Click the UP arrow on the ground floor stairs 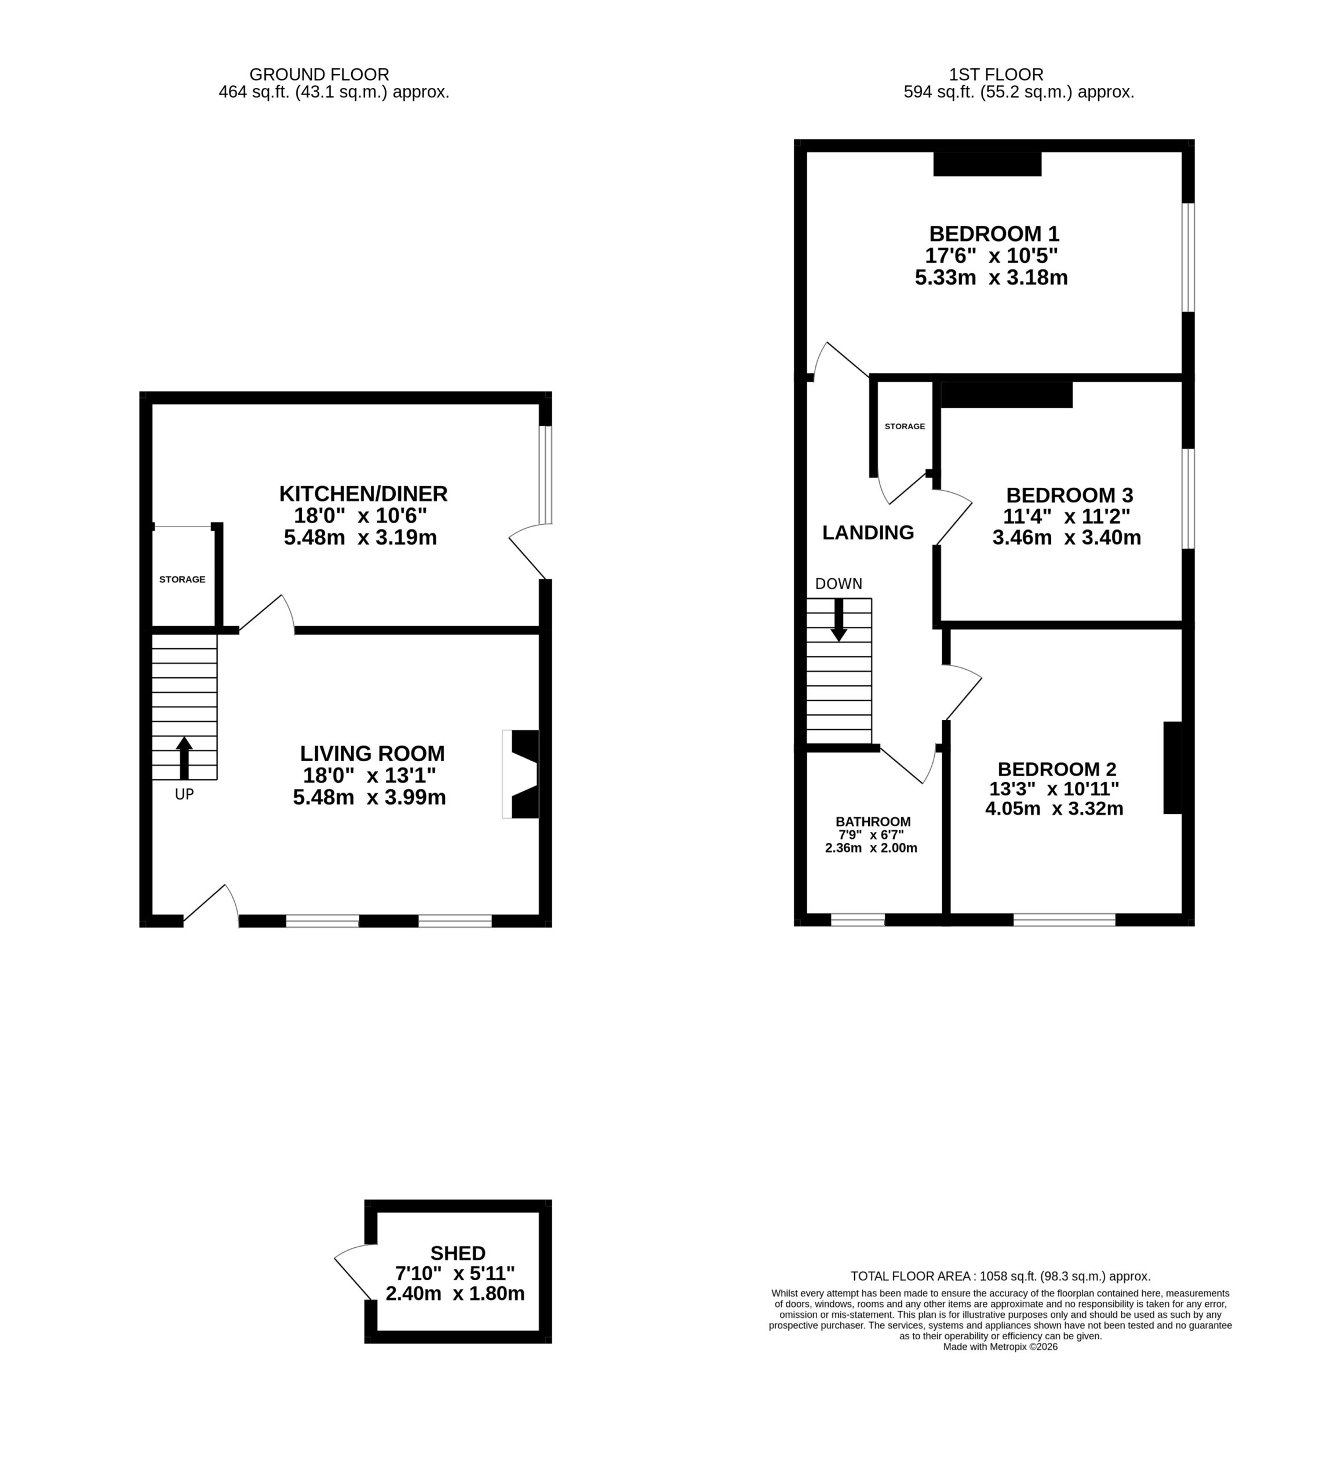click(x=184, y=758)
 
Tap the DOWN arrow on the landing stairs click(x=839, y=620)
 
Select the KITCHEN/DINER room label click(x=363, y=493)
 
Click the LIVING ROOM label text click(x=373, y=753)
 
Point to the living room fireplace click(x=520, y=774)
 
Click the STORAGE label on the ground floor click(x=183, y=579)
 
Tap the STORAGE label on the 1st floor click(x=905, y=426)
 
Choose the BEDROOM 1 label click(x=994, y=233)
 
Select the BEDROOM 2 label click(x=1057, y=769)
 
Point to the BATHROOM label click(x=873, y=822)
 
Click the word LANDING click(x=868, y=533)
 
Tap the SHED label click(x=458, y=1253)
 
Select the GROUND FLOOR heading click(x=319, y=75)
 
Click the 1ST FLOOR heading click(x=996, y=75)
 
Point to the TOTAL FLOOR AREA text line click(x=1000, y=1276)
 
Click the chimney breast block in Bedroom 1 click(x=987, y=163)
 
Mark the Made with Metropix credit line click(x=1000, y=1347)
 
